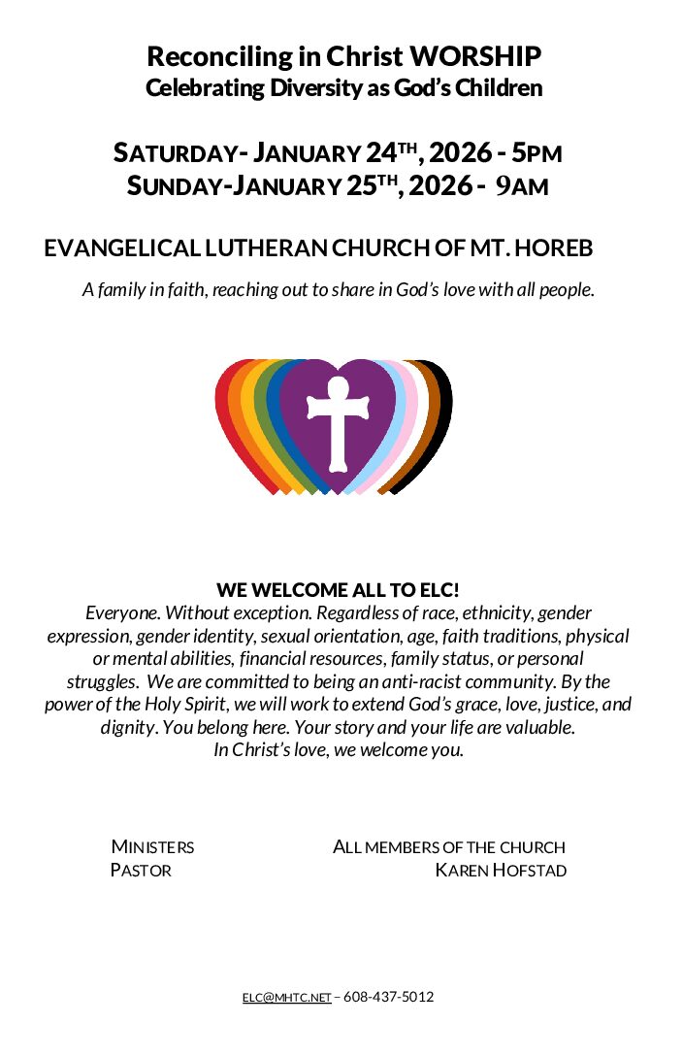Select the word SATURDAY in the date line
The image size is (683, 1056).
175,153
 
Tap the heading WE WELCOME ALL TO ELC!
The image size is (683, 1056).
338,590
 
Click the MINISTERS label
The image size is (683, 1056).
152,847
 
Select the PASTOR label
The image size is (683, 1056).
141,871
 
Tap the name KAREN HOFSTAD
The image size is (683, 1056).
501,871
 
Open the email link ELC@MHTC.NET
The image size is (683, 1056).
286,998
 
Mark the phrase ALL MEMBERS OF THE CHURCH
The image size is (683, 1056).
449,847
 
